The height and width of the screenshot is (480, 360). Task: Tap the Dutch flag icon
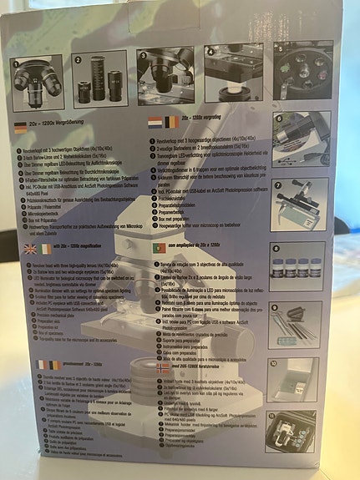pos(155,123)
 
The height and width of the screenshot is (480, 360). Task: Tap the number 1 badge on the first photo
pos(16,63)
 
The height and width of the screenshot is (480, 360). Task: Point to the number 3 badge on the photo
pos(143,59)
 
